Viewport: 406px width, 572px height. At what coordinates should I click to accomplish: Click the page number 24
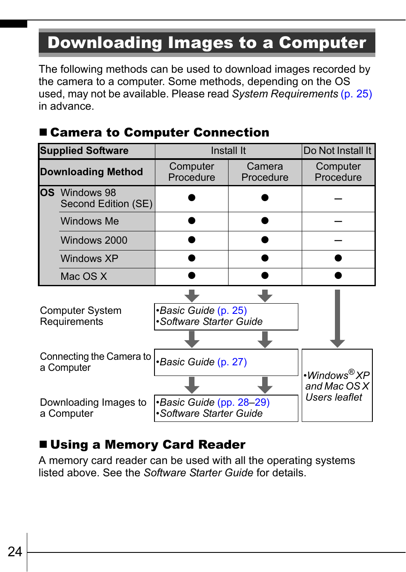pos(15,552)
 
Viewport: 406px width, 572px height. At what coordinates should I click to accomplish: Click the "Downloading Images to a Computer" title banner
pos(207,43)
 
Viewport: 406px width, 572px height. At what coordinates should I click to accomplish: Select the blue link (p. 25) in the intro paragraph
pos(356,94)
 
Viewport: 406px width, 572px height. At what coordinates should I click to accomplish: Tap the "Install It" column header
pos(228,151)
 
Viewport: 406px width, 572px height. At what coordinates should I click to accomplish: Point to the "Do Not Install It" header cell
pos(338,151)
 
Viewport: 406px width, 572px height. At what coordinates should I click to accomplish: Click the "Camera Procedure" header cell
pos(265,172)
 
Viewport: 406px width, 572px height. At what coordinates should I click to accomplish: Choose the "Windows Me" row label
pos(90,221)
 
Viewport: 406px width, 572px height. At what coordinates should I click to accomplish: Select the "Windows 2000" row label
pos(94,240)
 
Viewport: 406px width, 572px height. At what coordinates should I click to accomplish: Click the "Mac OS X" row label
pos(84,276)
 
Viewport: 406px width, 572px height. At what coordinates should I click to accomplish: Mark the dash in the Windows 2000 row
pos(338,240)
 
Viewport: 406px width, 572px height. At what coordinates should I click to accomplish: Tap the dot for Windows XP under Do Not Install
pos(338,258)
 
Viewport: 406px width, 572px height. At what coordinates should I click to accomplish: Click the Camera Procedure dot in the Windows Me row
pos(265,220)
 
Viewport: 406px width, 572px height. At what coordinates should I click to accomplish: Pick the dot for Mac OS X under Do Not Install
pos(338,275)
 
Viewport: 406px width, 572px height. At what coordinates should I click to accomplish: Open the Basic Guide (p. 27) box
pos(226,362)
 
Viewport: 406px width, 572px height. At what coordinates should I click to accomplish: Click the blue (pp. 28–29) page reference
pos(243,402)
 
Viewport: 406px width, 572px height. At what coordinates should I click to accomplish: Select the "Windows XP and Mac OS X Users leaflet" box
pos(337,386)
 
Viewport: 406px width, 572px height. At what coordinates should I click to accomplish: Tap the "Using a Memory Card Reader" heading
pos(148,444)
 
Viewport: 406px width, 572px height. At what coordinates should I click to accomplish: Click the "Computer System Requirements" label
pos(80,316)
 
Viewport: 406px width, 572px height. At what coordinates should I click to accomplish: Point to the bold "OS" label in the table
pos(47,193)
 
